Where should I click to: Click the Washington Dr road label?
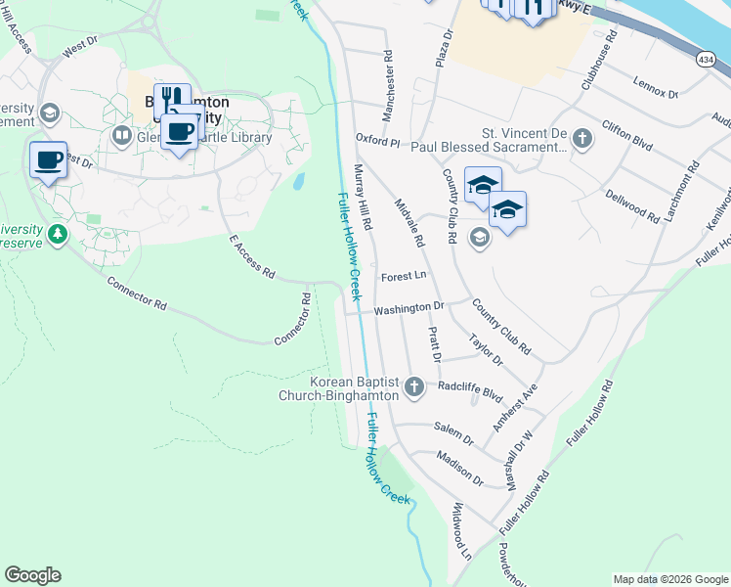(408, 307)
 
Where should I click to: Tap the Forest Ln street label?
(405, 276)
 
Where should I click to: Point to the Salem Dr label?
(453, 434)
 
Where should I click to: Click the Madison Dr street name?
(460, 471)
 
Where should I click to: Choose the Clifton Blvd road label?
(627, 142)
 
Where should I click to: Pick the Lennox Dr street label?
(655, 87)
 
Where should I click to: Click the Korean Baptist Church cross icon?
(414, 387)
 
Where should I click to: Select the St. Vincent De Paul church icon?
(582, 137)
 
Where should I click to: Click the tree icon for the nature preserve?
(58, 234)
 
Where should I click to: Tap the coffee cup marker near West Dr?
(48, 159)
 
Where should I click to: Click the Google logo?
(32, 575)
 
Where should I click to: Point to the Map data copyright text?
(669, 579)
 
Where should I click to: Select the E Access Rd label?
(251, 257)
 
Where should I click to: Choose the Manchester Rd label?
(388, 87)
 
